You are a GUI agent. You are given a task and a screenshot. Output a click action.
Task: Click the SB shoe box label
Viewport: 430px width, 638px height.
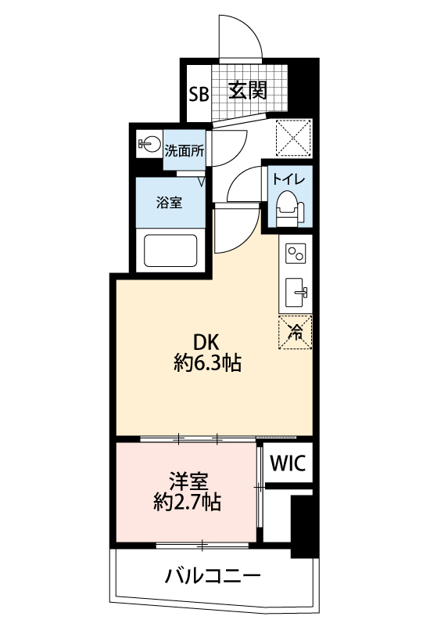coord(199,95)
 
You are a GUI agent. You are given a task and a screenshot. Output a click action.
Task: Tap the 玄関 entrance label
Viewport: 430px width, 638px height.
coord(248,90)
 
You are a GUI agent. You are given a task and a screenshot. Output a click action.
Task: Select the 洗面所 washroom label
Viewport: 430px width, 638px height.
coord(184,151)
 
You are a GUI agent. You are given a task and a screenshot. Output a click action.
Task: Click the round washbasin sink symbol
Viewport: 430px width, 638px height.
coord(150,143)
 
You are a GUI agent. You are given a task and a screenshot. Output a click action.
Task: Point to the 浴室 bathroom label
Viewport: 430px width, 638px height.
coord(170,202)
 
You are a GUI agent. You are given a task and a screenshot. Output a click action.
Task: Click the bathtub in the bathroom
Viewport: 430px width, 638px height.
coord(170,251)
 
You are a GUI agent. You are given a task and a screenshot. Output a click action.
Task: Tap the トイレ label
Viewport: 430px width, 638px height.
coord(288,179)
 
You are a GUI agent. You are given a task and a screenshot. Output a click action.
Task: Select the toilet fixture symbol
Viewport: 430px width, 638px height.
coord(290,209)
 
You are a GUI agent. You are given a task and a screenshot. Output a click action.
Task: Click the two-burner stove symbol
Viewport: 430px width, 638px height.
coord(296,254)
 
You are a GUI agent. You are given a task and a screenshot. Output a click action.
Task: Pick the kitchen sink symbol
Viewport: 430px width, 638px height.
coord(296,292)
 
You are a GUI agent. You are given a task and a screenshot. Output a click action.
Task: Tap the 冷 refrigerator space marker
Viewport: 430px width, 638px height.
coord(296,332)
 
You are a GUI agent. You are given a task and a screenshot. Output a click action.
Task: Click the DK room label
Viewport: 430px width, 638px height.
coord(206,342)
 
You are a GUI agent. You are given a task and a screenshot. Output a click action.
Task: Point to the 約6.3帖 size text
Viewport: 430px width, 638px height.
coord(208,362)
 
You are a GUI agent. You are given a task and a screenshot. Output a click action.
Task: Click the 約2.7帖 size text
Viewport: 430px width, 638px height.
coord(188,502)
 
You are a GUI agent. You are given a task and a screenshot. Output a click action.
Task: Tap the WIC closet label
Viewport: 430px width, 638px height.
coord(288,463)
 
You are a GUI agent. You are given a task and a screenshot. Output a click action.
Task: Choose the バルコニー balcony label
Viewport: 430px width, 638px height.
coord(212,576)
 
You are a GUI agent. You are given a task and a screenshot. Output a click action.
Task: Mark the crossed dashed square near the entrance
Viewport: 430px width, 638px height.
coord(294,138)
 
